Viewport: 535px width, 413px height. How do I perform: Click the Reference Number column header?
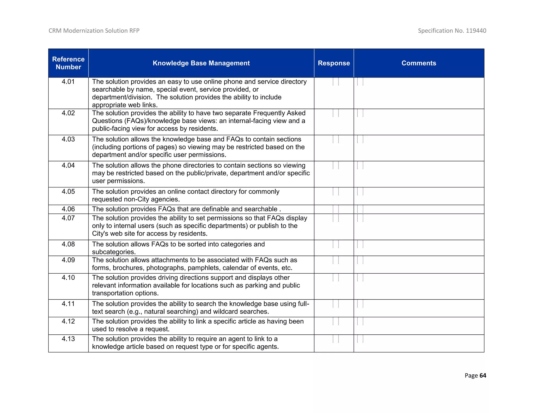[x=68, y=63]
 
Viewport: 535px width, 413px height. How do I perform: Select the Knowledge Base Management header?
[x=201, y=63]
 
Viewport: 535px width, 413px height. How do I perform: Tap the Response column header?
[x=334, y=63]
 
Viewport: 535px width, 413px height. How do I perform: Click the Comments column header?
[x=418, y=63]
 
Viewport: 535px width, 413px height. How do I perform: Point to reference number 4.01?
[x=68, y=82]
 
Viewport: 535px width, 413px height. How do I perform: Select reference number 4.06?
[x=68, y=209]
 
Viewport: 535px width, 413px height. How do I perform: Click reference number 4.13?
[x=68, y=339]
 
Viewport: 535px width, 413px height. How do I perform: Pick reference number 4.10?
[x=68, y=278]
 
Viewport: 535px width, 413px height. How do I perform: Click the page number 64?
[x=483, y=375]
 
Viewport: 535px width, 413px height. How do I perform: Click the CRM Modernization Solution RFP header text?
[x=94, y=31]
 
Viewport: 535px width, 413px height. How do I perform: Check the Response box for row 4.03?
[x=336, y=139]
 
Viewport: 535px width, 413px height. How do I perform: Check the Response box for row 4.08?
[x=336, y=244]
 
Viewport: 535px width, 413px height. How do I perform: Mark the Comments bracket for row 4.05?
[x=360, y=192]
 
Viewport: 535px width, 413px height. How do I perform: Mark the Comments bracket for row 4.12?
[x=360, y=321]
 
